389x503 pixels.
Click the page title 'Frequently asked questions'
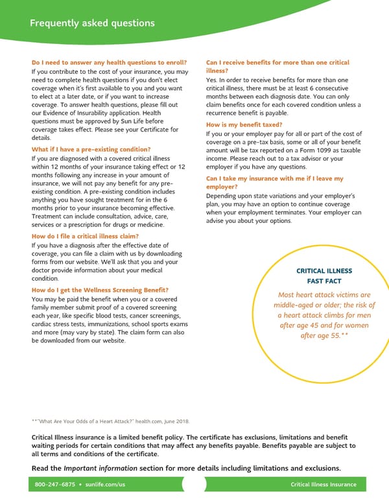click(93, 23)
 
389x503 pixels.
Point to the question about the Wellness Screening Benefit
click(100, 290)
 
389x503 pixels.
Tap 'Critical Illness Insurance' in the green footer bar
click(324, 485)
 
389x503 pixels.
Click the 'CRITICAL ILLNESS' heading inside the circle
click(324, 271)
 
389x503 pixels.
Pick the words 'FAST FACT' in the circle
click(324, 281)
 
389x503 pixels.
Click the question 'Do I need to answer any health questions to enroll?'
click(109, 63)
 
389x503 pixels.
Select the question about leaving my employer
click(274, 182)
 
